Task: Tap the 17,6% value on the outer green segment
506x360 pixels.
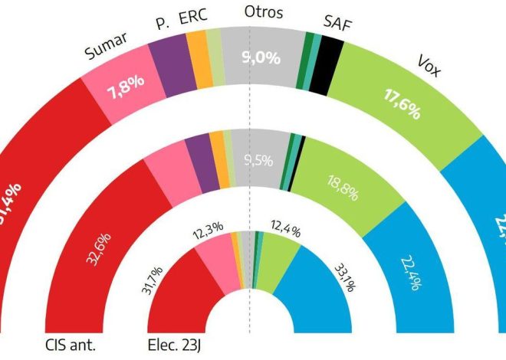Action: click(399, 106)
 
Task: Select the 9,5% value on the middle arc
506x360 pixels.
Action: click(259, 160)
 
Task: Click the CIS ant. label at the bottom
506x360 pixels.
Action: click(72, 345)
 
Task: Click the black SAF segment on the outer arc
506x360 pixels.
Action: click(330, 54)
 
